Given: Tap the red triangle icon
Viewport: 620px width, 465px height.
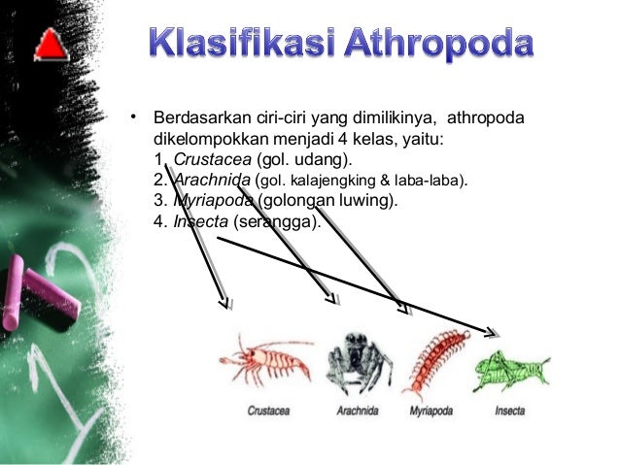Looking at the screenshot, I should pyautogui.click(x=50, y=44).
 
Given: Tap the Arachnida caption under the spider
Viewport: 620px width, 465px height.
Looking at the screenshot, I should pyautogui.click(x=358, y=411).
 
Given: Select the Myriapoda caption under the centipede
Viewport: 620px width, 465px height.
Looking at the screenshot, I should pyautogui.click(x=432, y=411).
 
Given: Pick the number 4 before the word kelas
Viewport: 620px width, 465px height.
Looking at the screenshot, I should pyautogui.click(x=342, y=139).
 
